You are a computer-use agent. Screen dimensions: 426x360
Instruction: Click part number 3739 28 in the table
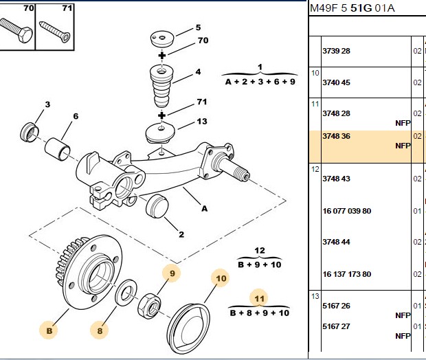tap(336, 51)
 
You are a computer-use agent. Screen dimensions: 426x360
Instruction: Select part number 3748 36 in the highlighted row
tap(336, 136)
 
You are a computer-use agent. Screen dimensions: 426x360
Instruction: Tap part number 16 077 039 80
tap(347, 211)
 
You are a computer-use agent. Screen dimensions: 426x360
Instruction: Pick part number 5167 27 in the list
tap(336, 326)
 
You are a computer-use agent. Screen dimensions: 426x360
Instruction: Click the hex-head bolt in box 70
tap(16, 31)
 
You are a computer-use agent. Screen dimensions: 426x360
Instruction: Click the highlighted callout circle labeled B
tap(49, 330)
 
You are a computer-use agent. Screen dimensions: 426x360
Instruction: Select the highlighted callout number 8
tap(100, 330)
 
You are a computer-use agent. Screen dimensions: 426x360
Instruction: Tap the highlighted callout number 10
tap(221, 278)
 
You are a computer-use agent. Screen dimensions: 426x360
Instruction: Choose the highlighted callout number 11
tap(259, 299)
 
